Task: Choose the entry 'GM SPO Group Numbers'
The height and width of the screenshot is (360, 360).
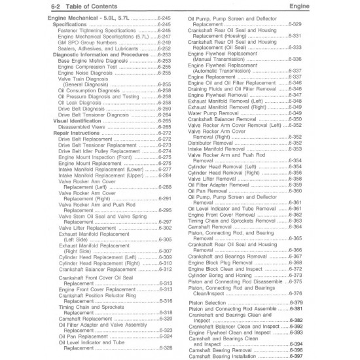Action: coord(84,43)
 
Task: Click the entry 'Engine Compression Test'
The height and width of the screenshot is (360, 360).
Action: coord(88,67)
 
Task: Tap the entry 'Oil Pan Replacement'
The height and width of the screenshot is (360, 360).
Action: coord(82,336)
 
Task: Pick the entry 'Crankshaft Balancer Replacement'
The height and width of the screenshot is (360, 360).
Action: coord(98,269)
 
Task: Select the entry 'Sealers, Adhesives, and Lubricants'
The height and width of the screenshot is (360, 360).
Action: coord(99,48)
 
